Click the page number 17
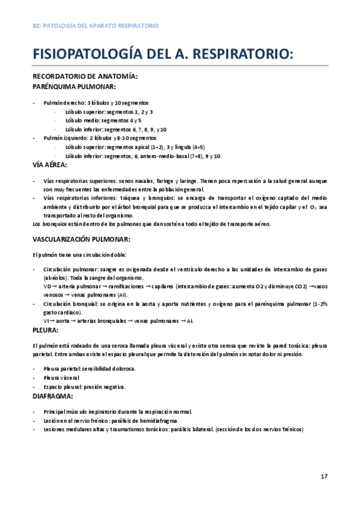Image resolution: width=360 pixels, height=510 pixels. click(x=324, y=476)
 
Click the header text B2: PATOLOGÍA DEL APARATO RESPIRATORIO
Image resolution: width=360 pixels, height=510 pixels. click(x=96, y=26)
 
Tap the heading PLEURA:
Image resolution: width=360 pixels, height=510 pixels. click(x=45, y=330)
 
